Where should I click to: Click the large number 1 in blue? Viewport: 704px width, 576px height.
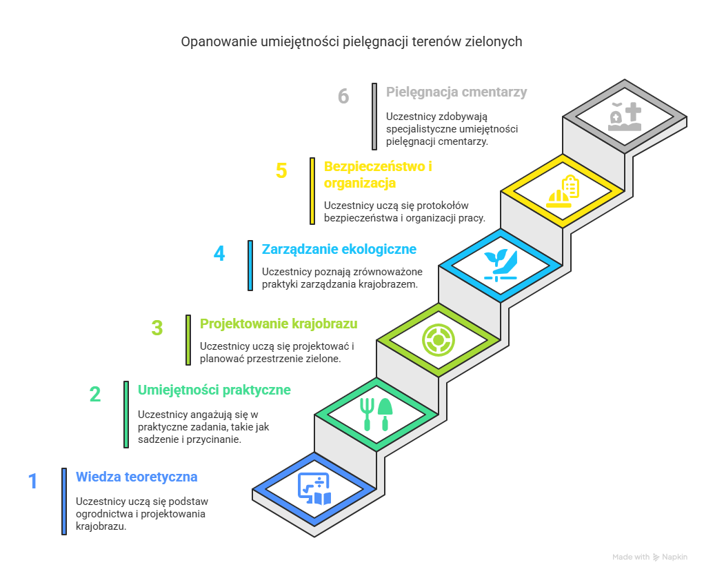tap(33, 481)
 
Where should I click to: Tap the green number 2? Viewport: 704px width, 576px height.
tap(94, 395)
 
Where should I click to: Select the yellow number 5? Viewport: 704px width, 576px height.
tap(281, 171)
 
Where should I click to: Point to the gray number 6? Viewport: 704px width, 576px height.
tap(343, 96)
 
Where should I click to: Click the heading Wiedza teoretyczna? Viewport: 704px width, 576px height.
tap(137, 477)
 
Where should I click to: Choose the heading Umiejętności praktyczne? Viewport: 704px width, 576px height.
tap(214, 390)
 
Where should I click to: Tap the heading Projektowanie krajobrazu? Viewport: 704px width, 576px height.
tap(279, 324)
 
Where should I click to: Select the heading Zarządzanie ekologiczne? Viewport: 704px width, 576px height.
tap(339, 249)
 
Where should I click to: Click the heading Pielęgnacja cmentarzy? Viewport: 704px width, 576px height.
tap(456, 92)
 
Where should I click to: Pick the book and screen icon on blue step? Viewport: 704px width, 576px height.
tap(314, 488)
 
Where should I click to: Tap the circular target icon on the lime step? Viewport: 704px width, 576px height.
tap(439, 340)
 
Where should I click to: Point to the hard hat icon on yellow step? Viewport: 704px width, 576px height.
tap(559, 198)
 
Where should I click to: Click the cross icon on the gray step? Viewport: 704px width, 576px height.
tap(633, 112)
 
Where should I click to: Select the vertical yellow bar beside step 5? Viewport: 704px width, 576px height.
tap(312, 191)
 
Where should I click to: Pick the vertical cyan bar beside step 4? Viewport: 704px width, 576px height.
tap(250, 266)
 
